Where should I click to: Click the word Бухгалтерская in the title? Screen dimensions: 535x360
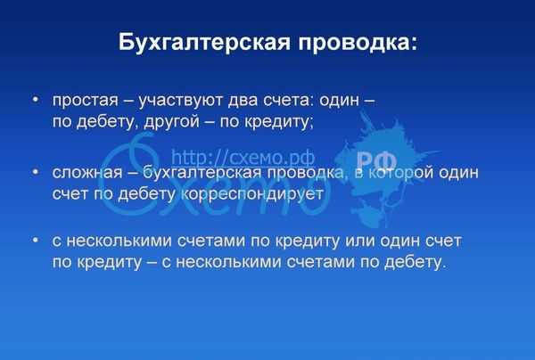(x=204, y=43)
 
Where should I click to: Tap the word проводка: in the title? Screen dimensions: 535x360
(x=358, y=44)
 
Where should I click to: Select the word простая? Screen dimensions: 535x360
(x=86, y=101)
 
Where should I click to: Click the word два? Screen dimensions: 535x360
(x=243, y=100)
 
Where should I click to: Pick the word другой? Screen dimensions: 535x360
(x=171, y=122)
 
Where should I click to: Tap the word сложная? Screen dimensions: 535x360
(x=87, y=173)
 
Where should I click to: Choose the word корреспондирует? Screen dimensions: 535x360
(x=252, y=194)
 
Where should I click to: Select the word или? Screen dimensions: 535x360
(x=360, y=241)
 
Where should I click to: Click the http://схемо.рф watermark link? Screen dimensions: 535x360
(x=243, y=158)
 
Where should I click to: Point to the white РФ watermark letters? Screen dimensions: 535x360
(x=376, y=161)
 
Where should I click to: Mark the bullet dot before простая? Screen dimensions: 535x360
(x=36, y=100)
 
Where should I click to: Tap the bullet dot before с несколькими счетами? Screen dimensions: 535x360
(x=36, y=240)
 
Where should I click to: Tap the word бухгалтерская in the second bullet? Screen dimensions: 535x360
(x=202, y=173)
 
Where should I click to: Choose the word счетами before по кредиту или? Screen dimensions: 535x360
(x=211, y=241)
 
